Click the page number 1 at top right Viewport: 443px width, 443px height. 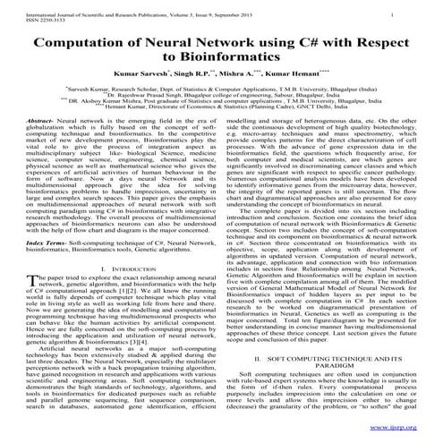pyautogui.click(x=418, y=8)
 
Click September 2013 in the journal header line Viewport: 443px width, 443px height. pyautogui.click(x=250, y=8)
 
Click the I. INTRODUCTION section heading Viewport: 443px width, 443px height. pyautogui.click(x=115, y=294)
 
